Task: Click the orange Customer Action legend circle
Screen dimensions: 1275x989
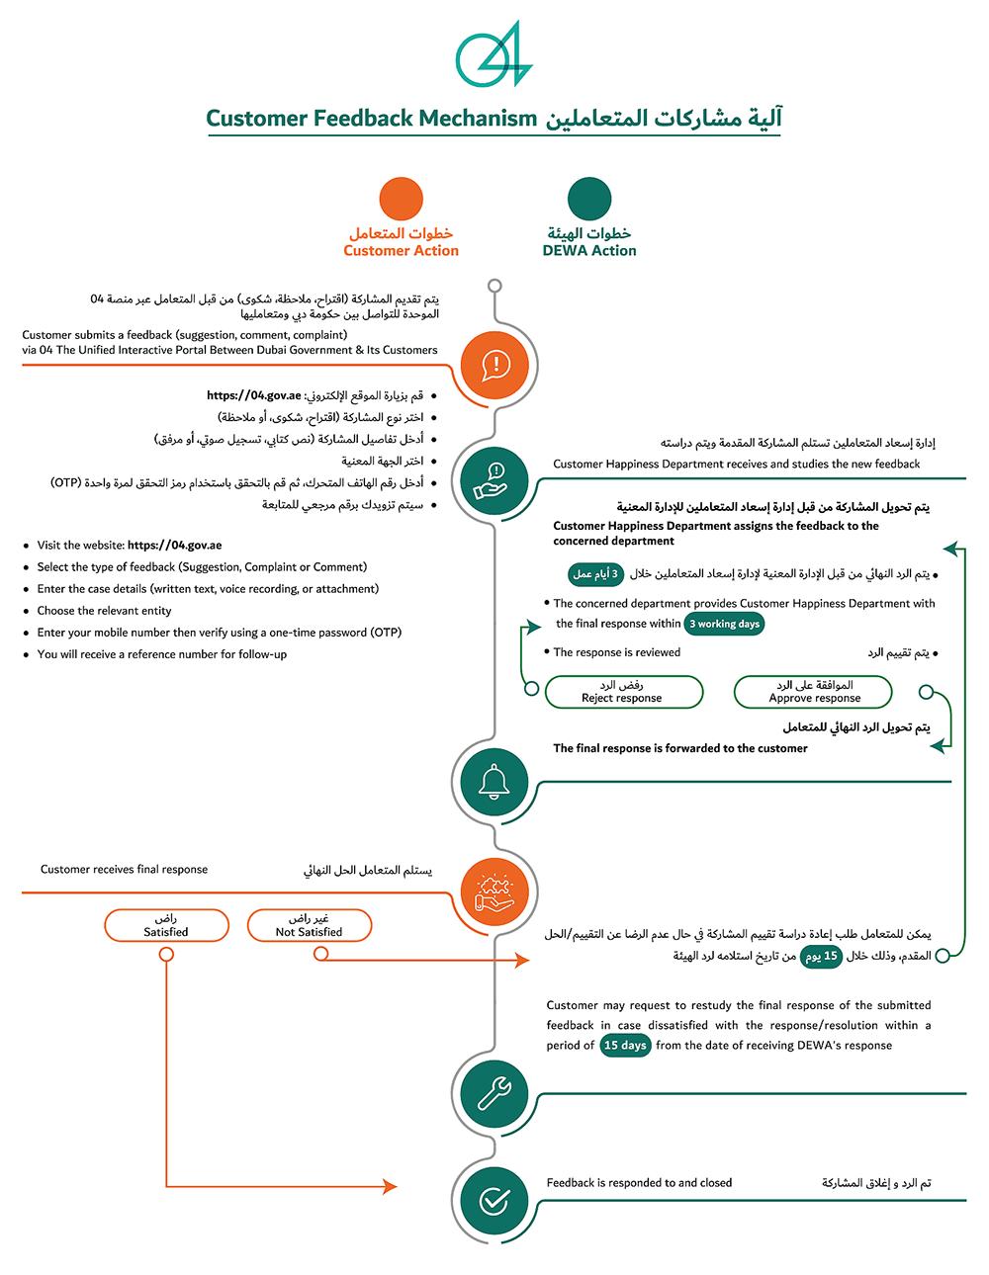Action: (x=402, y=199)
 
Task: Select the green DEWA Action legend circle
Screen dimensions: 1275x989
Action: (x=589, y=199)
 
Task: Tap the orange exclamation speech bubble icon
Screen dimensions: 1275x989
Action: (x=495, y=366)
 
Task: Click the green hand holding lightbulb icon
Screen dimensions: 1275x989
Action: (x=493, y=480)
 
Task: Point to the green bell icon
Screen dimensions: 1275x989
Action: (x=494, y=782)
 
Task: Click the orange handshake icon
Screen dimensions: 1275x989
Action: (x=494, y=892)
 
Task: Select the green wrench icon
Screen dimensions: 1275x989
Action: (x=494, y=1093)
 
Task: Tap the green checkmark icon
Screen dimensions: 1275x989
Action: (x=494, y=1200)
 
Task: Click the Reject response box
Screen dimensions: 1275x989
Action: (x=623, y=692)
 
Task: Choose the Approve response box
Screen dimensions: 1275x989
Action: (x=813, y=692)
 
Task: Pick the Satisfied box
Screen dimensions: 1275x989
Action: (x=166, y=926)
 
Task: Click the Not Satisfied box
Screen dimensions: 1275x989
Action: (x=310, y=926)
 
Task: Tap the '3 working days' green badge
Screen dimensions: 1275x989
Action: (x=725, y=624)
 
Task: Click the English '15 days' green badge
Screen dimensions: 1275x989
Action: (x=625, y=1046)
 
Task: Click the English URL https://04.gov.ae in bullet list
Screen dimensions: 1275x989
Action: (x=175, y=546)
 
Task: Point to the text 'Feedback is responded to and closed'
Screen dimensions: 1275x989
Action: (x=639, y=1183)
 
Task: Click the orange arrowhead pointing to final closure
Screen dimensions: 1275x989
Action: (x=390, y=1186)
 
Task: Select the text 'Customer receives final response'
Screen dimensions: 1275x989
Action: (x=124, y=870)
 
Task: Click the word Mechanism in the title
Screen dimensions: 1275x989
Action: (x=478, y=119)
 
